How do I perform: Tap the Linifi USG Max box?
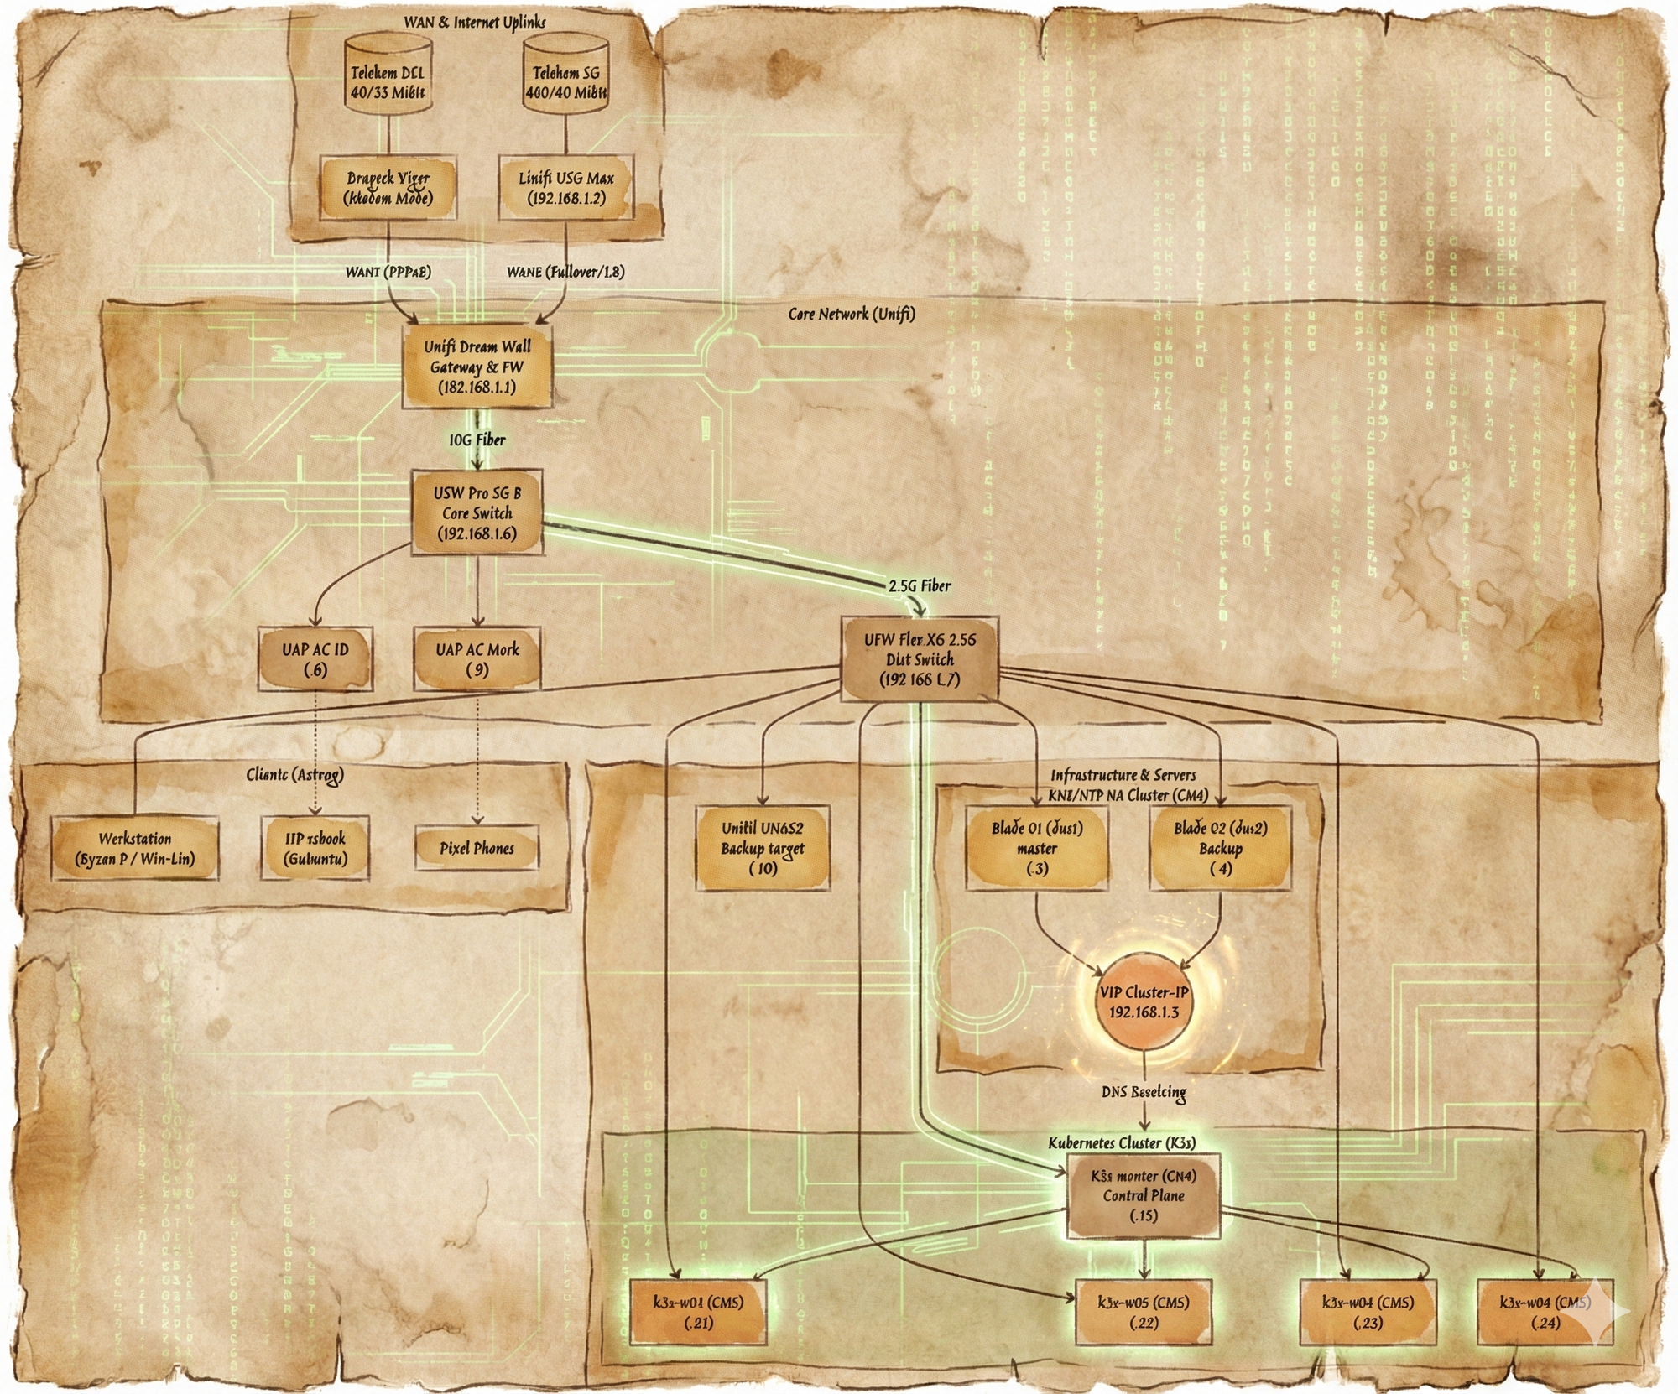pos(566,188)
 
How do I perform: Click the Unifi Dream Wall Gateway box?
pos(477,367)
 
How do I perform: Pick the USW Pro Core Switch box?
pos(477,512)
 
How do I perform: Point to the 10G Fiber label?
pos(477,440)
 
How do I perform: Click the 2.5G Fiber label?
pos(920,585)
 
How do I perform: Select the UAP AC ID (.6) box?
pos(315,659)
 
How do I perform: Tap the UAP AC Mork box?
pos(477,659)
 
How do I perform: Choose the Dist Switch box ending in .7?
pos(920,659)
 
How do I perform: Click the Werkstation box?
pos(135,848)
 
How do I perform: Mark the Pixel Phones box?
pos(477,848)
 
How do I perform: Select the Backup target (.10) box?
pos(763,848)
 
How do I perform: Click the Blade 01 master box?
pos(1037,848)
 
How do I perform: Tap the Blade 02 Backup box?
pos(1220,848)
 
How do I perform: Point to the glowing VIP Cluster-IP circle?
pos(1144,1001)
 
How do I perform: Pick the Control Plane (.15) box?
pos(1144,1195)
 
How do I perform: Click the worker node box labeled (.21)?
pos(698,1312)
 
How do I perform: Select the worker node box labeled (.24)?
pos(1545,1312)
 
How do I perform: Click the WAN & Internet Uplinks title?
pos(474,23)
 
